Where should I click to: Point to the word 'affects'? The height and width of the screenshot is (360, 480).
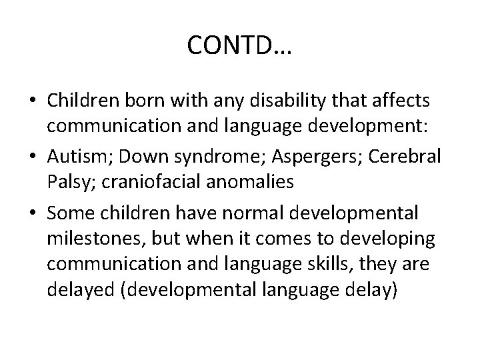tap(405, 101)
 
